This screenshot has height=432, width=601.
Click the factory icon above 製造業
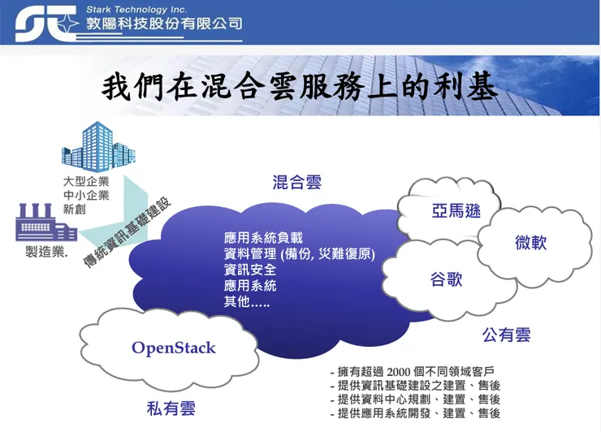pyautogui.click(x=45, y=222)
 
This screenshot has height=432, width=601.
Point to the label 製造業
pyautogui.click(x=47, y=252)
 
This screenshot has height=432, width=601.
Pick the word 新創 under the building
pyautogui.click(x=75, y=210)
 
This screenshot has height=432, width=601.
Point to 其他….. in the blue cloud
pyautogui.click(x=246, y=301)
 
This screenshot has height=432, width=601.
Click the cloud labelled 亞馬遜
pyautogui.click(x=456, y=211)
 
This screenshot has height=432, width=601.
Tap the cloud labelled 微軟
pyautogui.click(x=530, y=242)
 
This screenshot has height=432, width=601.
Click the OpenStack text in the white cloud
pyautogui.click(x=174, y=348)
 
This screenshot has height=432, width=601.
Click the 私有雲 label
pyautogui.click(x=171, y=406)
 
